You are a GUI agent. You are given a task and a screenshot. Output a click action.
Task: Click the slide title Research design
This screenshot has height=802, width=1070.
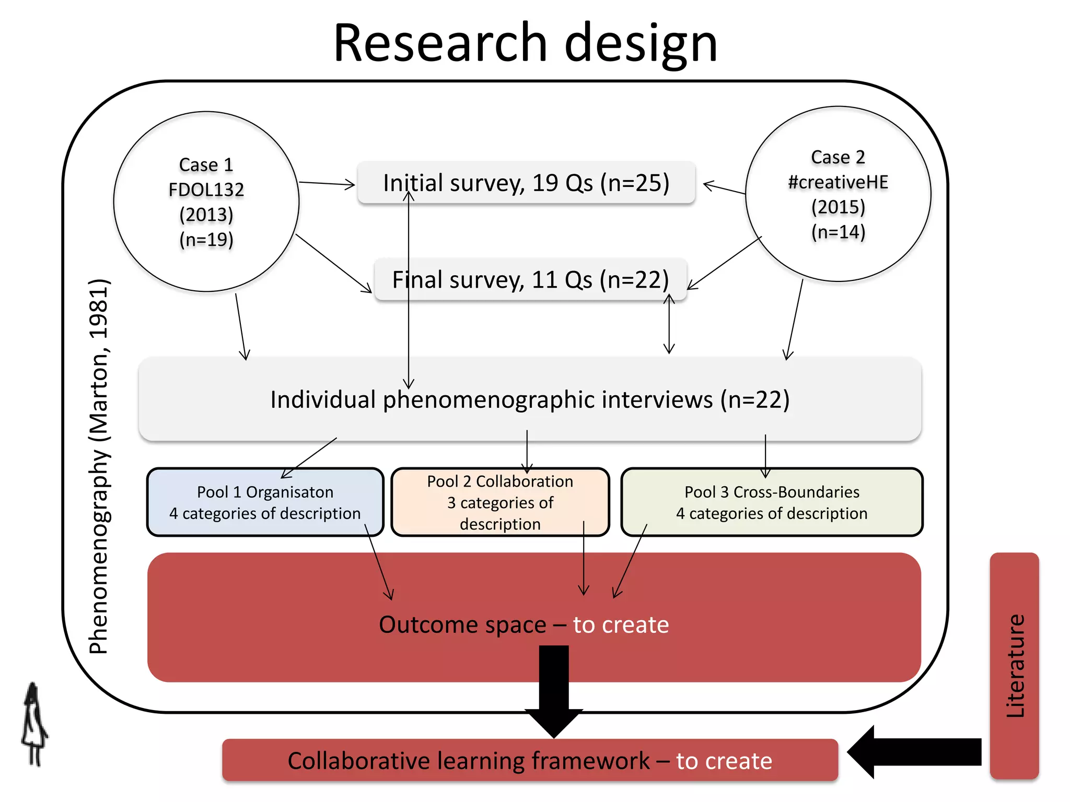tap(526, 43)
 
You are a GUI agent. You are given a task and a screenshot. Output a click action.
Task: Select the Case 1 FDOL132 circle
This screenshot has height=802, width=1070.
tap(206, 131)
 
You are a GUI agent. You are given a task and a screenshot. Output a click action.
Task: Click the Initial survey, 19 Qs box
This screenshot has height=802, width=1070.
tap(526, 183)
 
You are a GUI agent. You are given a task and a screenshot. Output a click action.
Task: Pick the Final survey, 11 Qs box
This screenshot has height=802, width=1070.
tap(530, 280)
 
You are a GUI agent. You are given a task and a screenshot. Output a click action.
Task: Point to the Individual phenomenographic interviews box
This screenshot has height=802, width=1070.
tap(530, 400)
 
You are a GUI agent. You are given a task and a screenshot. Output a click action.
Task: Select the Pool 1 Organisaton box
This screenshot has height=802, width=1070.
tap(265, 502)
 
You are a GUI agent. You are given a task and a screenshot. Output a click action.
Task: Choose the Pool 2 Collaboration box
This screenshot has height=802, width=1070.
tap(500, 502)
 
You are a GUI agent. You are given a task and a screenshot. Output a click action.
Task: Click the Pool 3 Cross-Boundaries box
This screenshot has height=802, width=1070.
tap(772, 502)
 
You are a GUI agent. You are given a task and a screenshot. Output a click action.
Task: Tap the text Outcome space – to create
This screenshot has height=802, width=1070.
tap(524, 625)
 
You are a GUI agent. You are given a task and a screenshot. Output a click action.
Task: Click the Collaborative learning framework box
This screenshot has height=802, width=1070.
tap(530, 761)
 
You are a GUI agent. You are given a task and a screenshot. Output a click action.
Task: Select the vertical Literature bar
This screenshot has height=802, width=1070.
tap(1014, 666)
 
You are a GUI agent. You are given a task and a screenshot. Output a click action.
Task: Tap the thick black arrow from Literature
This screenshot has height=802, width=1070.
tap(914, 752)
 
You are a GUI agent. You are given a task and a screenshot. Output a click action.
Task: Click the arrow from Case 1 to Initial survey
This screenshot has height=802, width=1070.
tap(327, 183)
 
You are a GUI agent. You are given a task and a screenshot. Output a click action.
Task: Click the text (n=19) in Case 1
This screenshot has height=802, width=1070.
tap(206, 240)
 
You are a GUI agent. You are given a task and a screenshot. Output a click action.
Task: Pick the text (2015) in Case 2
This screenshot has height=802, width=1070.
tap(838, 207)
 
